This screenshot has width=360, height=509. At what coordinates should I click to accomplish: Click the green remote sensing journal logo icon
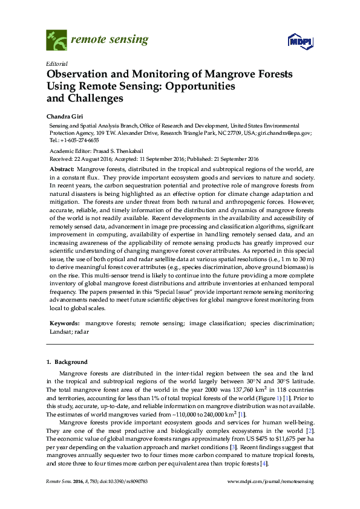[56, 40]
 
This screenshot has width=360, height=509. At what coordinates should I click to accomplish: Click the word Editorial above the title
[56, 63]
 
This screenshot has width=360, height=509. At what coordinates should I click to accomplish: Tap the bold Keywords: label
[64, 324]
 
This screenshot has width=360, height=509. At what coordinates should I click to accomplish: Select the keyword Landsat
[59, 332]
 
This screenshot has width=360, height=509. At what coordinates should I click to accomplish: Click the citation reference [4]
[264, 462]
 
